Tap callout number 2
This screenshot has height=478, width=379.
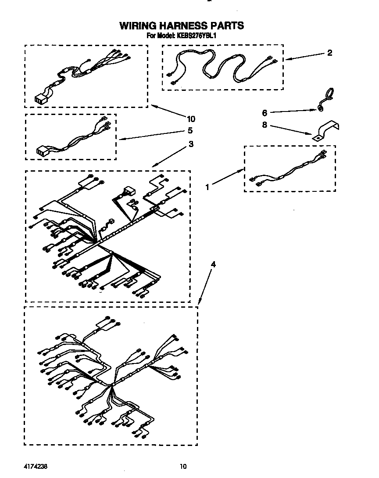pos(329,53)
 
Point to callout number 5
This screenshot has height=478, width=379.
pos(190,130)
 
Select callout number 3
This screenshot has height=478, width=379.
pos(190,144)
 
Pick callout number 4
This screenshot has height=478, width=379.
pos(213,264)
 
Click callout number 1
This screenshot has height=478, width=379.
pos(208,187)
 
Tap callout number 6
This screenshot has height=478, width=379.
pos(264,113)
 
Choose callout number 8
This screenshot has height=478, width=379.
pos(264,125)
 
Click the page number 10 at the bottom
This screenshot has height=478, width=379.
pos(183,466)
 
